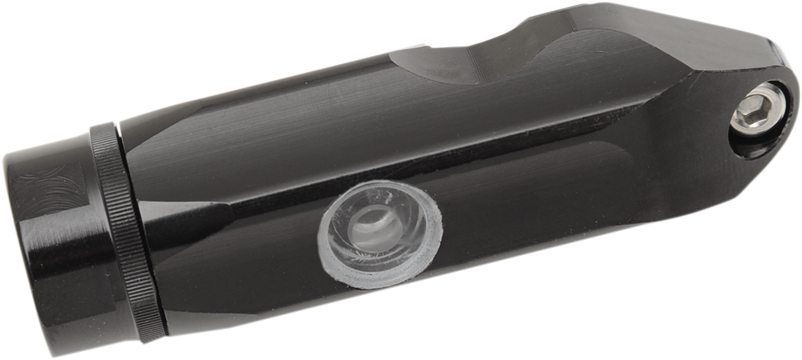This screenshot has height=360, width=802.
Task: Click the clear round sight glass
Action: (x=379, y=233)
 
